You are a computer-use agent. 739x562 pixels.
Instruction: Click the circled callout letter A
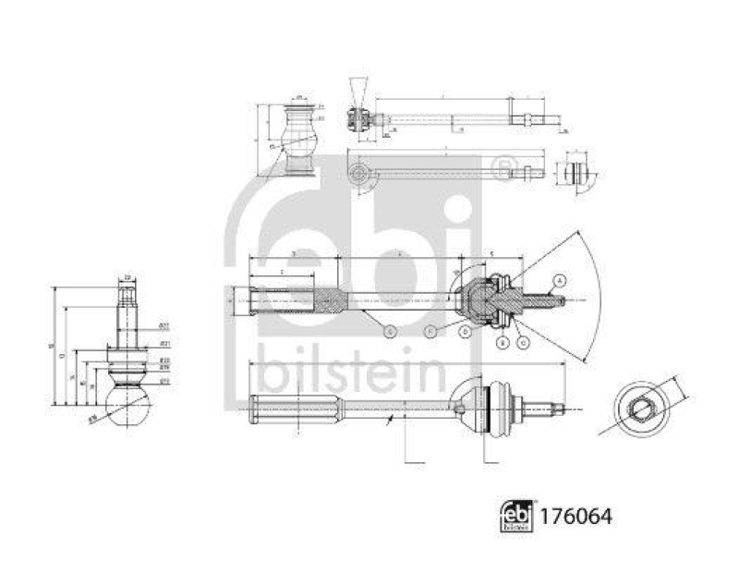click(x=560, y=280)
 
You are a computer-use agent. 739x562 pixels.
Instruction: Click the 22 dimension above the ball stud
click(x=127, y=277)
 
